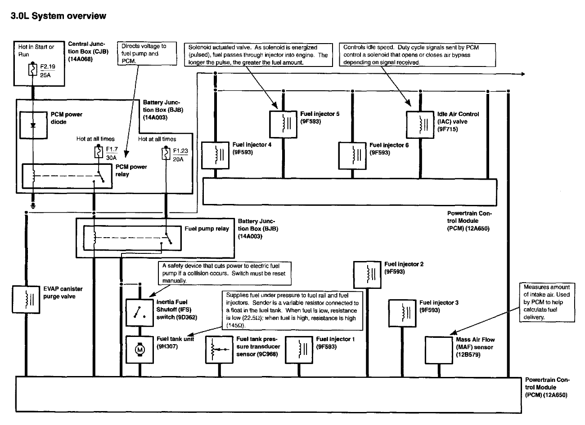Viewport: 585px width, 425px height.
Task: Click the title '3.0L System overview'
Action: pos(55,16)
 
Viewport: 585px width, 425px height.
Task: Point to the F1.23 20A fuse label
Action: pos(180,155)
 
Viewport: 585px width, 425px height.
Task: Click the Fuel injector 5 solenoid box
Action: pos(283,124)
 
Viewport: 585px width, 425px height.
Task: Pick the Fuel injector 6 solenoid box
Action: pos(352,155)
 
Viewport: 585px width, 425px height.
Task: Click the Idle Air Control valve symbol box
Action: pos(420,124)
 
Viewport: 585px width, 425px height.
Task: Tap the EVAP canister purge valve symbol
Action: pos(26,298)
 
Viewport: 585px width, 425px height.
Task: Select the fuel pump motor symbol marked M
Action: pos(139,349)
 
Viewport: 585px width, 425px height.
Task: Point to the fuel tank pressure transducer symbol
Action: pos(219,349)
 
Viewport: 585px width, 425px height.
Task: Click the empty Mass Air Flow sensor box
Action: pos(439,349)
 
